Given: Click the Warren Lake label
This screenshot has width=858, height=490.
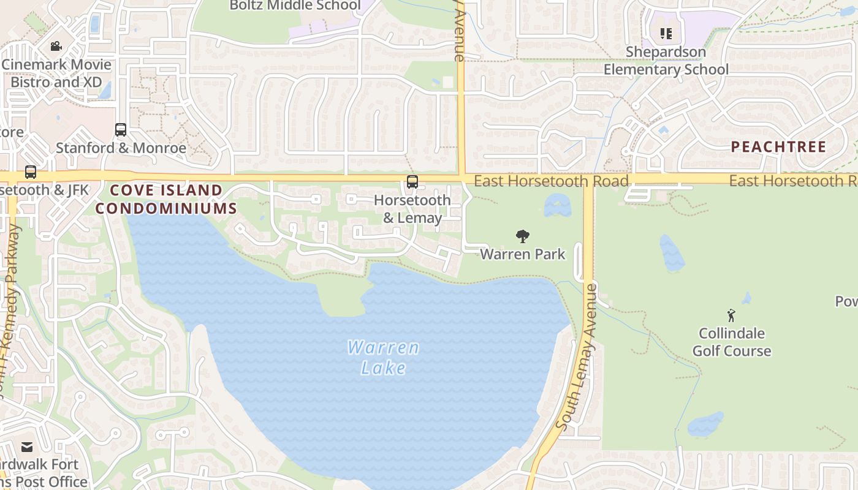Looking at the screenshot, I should tap(384, 357).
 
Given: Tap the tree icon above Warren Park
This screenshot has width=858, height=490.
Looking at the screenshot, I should tap(522, 236).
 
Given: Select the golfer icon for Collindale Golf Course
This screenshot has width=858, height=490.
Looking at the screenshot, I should tap(731, 315).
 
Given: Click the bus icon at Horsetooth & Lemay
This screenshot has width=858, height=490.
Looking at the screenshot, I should tap(412, 182).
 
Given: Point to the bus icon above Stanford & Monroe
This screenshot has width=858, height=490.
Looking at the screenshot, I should tap(121, 130).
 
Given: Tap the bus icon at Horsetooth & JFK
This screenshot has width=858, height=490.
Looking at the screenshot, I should tap(31, 172).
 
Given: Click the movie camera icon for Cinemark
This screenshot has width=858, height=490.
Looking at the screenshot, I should tap(56, 47).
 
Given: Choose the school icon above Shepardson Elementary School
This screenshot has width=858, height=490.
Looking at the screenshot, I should tap(666, 34).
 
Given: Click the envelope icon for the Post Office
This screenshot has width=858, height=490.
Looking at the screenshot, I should tap(28, 447).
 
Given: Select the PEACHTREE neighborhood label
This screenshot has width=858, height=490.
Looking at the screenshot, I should tap(779, 147).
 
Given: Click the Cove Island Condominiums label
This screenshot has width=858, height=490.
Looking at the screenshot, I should tap(166, 199).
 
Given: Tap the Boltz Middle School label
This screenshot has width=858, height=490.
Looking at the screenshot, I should tap(295, 6).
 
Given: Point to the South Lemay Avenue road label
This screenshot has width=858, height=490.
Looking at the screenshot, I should tap(575, 356).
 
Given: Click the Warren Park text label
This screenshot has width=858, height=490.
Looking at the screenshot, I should tap(522, 254).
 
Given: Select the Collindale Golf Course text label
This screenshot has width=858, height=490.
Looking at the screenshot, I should tap(732, 342).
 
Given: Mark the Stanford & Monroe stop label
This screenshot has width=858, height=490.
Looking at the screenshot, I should tap(121, 148).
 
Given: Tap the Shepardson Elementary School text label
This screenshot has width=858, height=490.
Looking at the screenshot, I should tap(666, 61).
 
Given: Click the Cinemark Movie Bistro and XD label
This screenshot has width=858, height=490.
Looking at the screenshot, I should tap(56, 73).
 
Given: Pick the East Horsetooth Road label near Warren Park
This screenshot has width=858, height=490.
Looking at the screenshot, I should tap(551, 181).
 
